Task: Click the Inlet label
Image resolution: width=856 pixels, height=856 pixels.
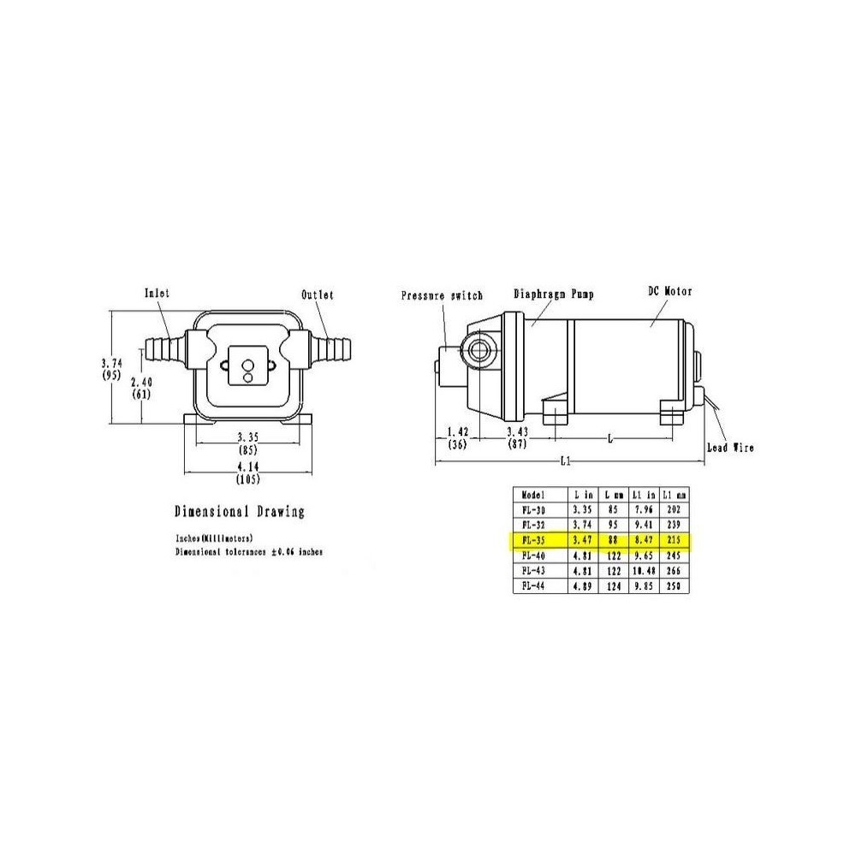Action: pos(157,293)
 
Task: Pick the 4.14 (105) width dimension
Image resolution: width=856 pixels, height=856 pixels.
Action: pos(248,471)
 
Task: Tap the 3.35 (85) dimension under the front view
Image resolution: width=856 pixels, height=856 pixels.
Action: pos(248,443)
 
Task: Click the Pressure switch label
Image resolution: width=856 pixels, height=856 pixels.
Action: pos(442,295)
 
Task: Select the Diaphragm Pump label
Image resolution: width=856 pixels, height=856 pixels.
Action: pos(554,294)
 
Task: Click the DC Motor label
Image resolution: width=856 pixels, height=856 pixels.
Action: pos(669,292)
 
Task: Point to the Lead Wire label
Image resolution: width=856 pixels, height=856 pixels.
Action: pos(729,448)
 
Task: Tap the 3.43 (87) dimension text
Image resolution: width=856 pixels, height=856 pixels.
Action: pos(516,437)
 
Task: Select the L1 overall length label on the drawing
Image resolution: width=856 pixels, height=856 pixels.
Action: pos(565,461)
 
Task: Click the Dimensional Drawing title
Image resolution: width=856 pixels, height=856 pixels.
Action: pos(239,512)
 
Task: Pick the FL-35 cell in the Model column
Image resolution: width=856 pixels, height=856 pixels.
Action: pos(532,541)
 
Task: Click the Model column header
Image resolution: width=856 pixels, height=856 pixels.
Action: pos(533,494)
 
